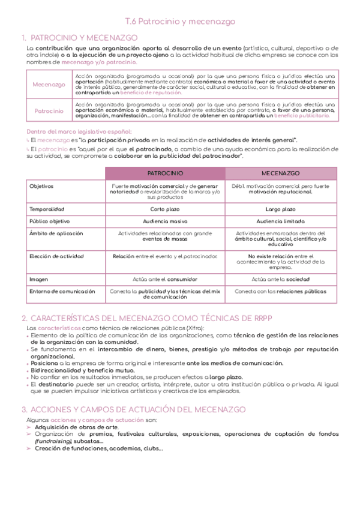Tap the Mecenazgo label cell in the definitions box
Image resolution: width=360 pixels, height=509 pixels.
point(49,85)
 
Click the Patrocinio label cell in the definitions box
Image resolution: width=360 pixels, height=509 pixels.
point(49,111)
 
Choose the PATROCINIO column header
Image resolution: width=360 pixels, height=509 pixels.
point(165,173)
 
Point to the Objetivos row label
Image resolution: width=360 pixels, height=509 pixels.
point(42,187)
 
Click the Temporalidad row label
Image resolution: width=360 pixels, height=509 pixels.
point(47,209)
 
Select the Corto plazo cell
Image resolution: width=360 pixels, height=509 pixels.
point(165,209)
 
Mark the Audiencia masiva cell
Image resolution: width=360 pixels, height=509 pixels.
point(165,221)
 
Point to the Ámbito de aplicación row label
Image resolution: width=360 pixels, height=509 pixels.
point(56,233)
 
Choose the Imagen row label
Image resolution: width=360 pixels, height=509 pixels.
point(39,279)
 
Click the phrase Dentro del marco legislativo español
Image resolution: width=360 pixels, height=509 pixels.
point(80,131)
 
